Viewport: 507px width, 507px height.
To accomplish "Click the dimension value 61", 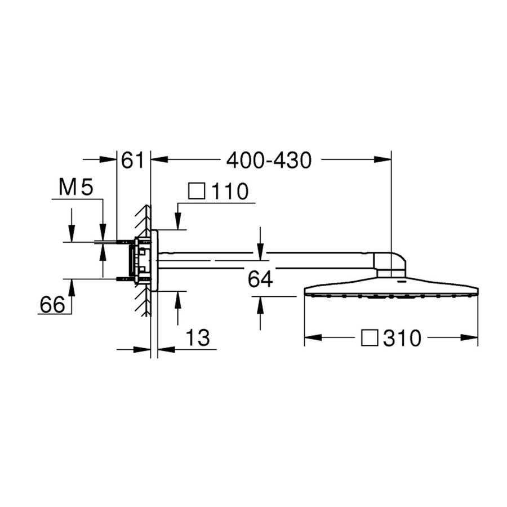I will (134, 160).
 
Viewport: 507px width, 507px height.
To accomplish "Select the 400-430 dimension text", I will (269, 160).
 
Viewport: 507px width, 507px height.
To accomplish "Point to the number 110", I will (230, 192).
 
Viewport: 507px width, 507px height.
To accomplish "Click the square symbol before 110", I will (197, 192).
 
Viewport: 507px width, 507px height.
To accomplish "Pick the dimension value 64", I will (260, 278).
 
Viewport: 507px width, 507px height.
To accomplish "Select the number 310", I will (402, 338).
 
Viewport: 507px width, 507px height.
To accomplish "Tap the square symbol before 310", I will (370, 338).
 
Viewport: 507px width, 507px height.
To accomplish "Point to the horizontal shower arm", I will (265, 260).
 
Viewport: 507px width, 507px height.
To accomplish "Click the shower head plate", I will (391, 287).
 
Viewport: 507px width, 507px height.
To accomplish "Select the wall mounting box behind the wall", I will (141, 260).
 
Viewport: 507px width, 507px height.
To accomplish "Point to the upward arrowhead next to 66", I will (72, 286).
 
